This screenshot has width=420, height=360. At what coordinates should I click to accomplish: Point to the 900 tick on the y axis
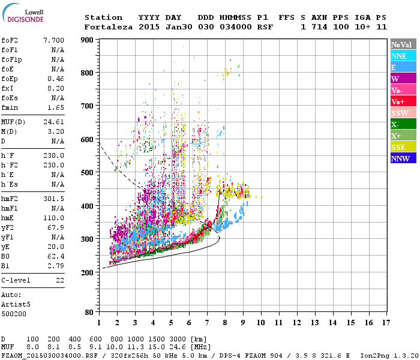point(88,40)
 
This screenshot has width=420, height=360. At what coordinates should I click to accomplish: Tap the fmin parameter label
point(10,107)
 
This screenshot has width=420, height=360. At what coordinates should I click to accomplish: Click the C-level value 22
point(60,280)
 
